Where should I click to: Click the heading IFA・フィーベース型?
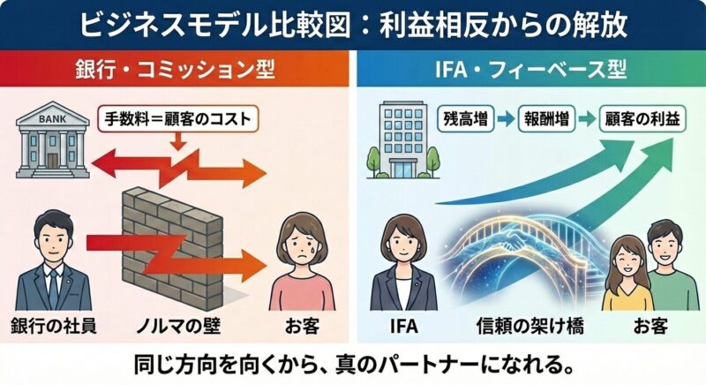529,68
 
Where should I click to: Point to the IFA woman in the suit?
402,260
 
